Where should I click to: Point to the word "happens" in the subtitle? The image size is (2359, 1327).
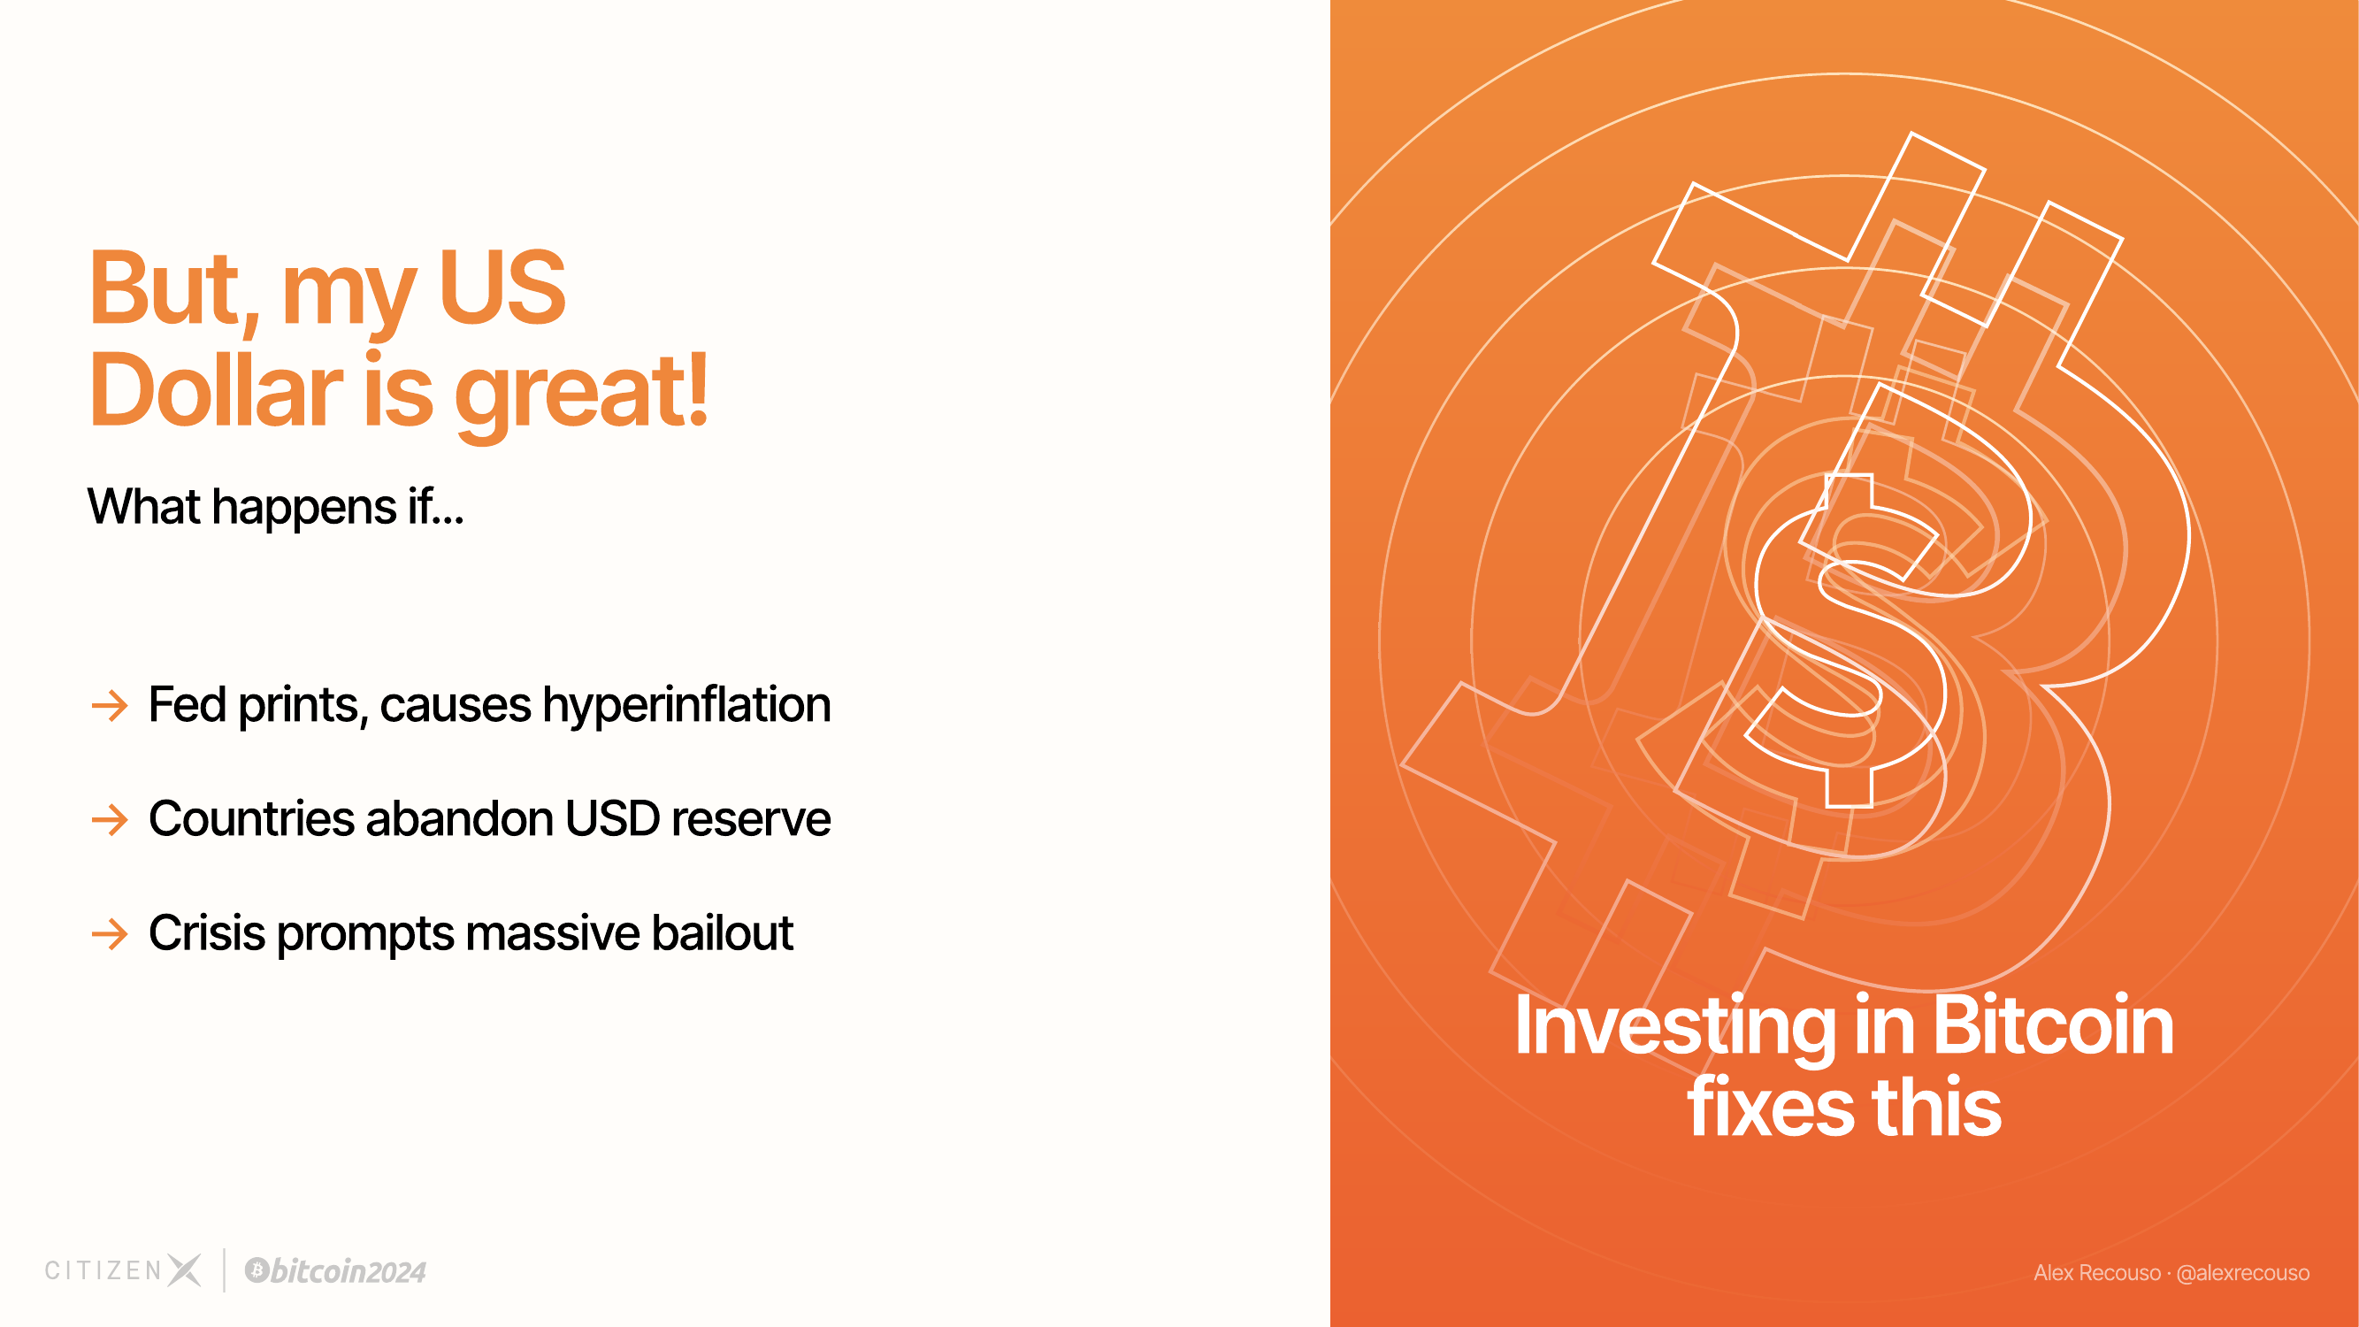coord(304,509)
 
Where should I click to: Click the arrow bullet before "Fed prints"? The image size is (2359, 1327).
coord(110,706)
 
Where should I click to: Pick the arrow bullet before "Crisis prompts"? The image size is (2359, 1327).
coord(110,934)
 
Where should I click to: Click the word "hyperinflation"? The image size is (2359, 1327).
coord(686,706)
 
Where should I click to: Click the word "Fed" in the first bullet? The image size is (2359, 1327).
coord(188,704)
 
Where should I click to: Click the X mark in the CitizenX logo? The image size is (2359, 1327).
coord(184,1270)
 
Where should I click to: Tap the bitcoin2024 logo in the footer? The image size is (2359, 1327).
coord(335,1271)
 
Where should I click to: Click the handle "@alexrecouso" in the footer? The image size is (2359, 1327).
coord(2243,1273)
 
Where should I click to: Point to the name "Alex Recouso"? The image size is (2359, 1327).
coord(2097,1273)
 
